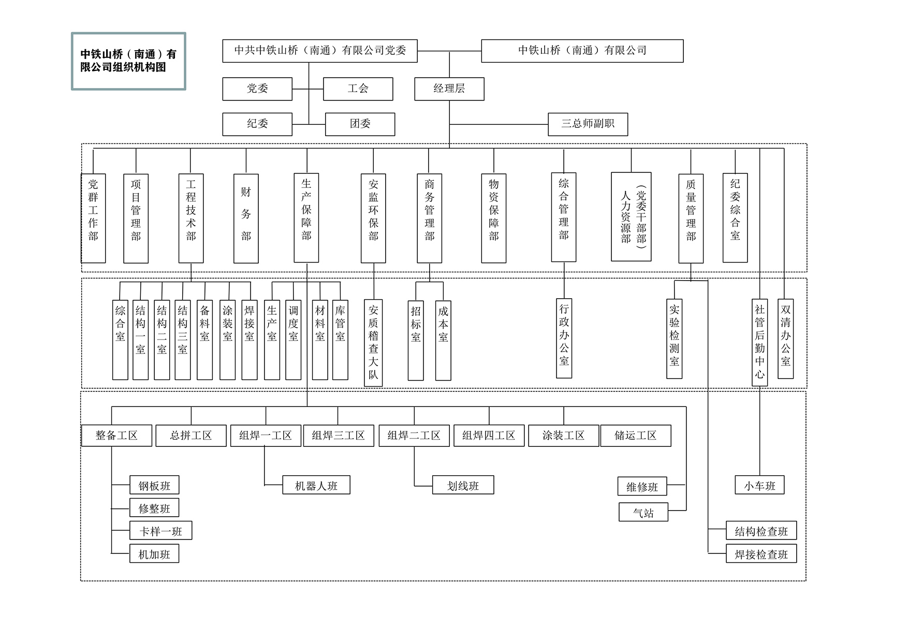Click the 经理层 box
(x=449, y=89)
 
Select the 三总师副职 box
(x=588, y=124)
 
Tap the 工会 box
(x=358, y=89)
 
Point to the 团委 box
(x=360, y=124)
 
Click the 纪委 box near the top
(x=257, y=124)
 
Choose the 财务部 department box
(x=246, y=218)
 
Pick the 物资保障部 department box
(x=493, y=218)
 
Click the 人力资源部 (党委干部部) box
(x=631, y=217)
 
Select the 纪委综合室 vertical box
(x=735, y=217)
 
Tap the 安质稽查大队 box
(x=373, y=343)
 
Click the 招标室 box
(x=416, y=340)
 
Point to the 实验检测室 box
(x=674, y=339)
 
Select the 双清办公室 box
(x=785, y=339)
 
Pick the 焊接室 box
(x=250, y=340)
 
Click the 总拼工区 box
(x=191, y=435)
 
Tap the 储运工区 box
(x=635, y=435)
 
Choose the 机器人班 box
(x=316, y=485)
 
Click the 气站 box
(x=643, y=513)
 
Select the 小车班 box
(x=759, y=485)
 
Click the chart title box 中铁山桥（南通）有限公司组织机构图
(x=128, y=61)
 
